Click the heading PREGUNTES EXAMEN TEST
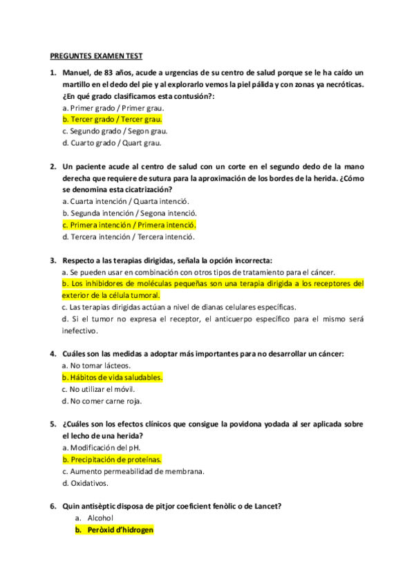96,56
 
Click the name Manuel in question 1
76,73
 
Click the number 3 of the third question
53,261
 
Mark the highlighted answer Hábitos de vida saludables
113,377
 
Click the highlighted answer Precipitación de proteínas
112,459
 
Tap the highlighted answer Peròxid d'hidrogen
115,530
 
